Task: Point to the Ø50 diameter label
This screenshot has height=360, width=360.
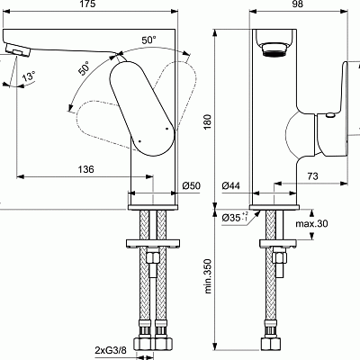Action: coord(191,185)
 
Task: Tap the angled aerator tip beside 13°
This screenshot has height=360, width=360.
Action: coord(14,56)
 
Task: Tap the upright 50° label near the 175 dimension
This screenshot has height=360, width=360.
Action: coord(147,40)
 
